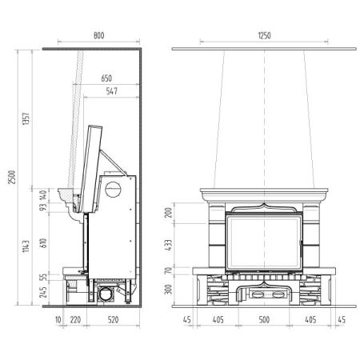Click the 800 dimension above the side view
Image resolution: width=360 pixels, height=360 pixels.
(x=98, y=35)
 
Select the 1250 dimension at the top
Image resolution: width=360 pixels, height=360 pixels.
(x=264, y=35)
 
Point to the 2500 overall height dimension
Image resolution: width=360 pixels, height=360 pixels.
(x=12, y=177)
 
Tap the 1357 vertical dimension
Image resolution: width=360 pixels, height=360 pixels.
(x=26, y=118)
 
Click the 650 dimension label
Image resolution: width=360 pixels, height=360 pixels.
(x=106, y=78)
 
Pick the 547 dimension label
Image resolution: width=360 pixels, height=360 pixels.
(x=111, y=91)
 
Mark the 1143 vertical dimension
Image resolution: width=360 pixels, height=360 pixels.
(x=26, y=246)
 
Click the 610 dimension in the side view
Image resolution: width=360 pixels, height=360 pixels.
(x=43, y=243)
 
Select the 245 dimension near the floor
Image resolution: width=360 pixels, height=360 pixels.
(x=43, y=292)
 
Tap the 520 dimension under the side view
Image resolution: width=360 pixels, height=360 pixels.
(x=113, y=320)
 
